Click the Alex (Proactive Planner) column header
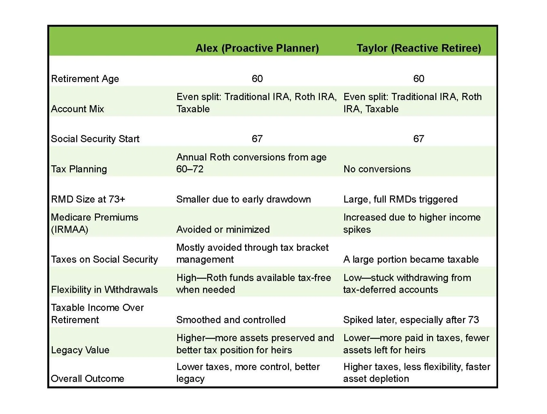coord(257,48)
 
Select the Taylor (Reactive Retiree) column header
coord(419,48)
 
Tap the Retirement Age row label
coord(85,79)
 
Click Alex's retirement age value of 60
coord(257,79)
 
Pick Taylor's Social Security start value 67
coord(419,139)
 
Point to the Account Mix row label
coord(78,109)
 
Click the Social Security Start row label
coord(95,139)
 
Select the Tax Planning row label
coord(79,169)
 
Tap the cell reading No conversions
coord(377,169)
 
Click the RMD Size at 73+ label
coord(88,199)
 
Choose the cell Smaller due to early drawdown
coord(244,199)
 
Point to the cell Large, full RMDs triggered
coord(400,199)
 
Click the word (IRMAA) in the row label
coord(70,230)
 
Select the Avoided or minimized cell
coord(223,230)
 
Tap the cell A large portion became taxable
coord(411,259)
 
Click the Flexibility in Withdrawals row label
coord(104,290)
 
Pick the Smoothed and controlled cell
coord(231,320)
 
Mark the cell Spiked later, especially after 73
coord(411,320)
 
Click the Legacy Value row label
coord(80,350)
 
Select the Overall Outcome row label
coord(88,379)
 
